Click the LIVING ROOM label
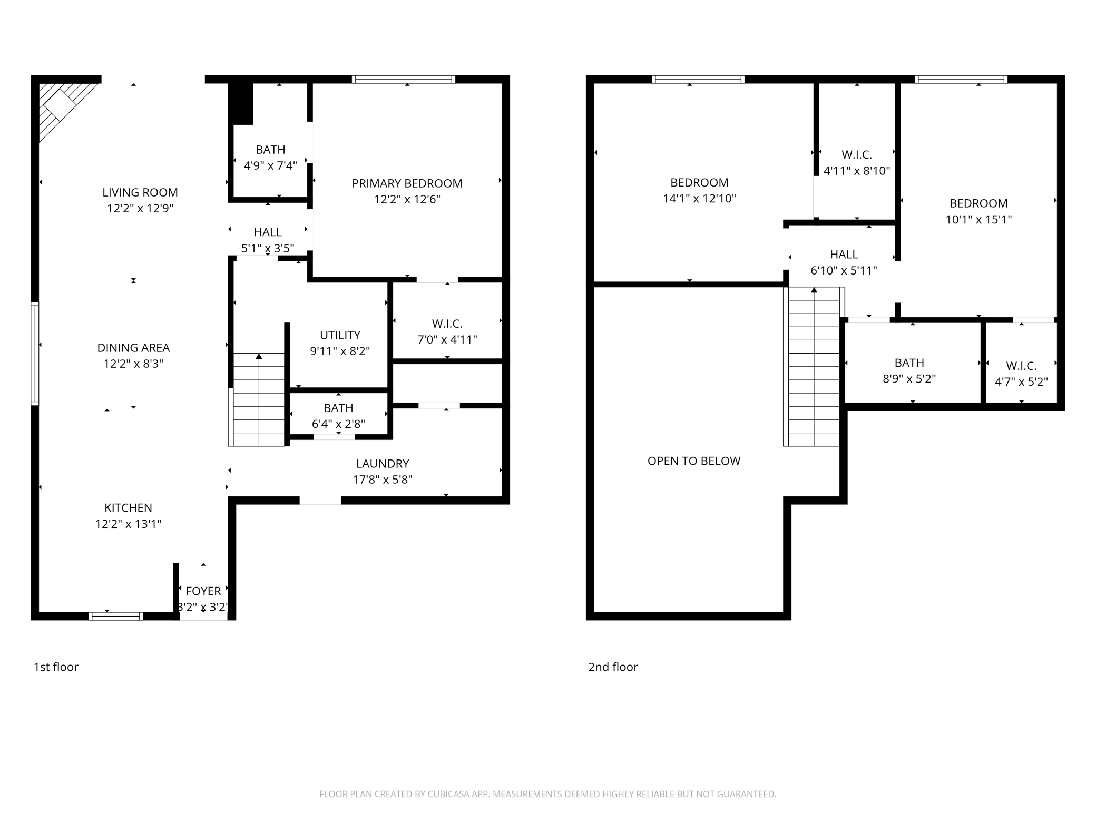tap(140, 192)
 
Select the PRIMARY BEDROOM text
tap(407, 183)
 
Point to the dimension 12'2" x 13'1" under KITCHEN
tap(128, 524)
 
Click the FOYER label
tap(203, 591)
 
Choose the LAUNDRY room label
tap(383, 464)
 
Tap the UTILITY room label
tap(340, 335)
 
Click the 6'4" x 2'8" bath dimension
tap(338, 424)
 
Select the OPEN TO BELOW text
tap(694, 461)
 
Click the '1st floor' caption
tap(56, 667)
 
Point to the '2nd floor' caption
tap(613, 667)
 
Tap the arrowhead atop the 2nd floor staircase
tap(814, 290)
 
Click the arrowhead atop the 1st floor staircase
tap(259, 356)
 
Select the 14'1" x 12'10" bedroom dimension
tap(699, 199)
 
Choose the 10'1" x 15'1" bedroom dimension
tap(978, 220)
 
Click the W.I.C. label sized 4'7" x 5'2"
tap(1021, 366)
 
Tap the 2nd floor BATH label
tap(909, 363)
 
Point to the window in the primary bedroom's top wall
tap(404, 80)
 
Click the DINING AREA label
tap(133, 348)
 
